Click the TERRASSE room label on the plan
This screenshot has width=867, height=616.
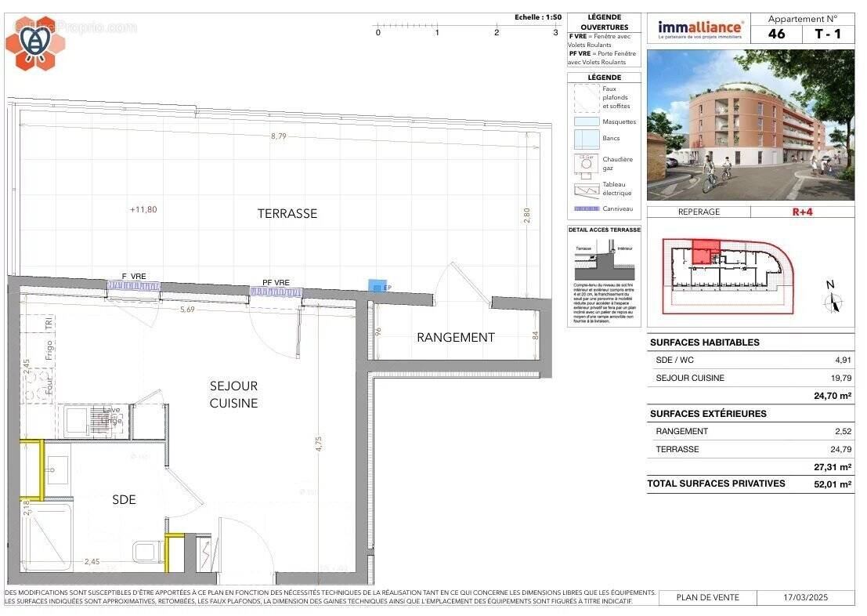pyautogui.click(x=287, y=213)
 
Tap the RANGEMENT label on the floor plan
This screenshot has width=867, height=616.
pyautogui.click(x=455, y=338)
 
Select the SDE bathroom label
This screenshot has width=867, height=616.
pyautogui.click(x=124, y=499)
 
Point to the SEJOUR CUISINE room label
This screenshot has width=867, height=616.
pyautogui.click(x=233, y=394)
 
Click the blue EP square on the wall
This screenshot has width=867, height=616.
pyautogui.click(x=378, y=288)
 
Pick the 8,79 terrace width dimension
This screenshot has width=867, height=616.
pyautogui.click(x=278, y=136)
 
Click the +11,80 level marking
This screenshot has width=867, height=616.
pyautogui.click(x=143, y=209)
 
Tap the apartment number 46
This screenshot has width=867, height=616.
pyautogui.click(x=776, y=34)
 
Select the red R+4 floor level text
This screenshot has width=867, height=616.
pyautogui.click(x=803, y=212)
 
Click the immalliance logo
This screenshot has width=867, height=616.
pyautogui.click(x=699, y=29)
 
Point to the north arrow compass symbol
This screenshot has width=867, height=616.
pyautogui.click(x=832, y=298)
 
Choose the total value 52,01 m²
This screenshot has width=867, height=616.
pyautogui.click(x=833, y=484)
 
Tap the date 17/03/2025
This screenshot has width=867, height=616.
pyautogui.click(x=805, y=598)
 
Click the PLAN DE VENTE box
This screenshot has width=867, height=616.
pyautogui.click(x=708, y=598)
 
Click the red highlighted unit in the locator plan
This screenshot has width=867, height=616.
pyautogui.click(x=705, y=253)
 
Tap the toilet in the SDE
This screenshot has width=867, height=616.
pyautogui.click(x=146, y=552)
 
